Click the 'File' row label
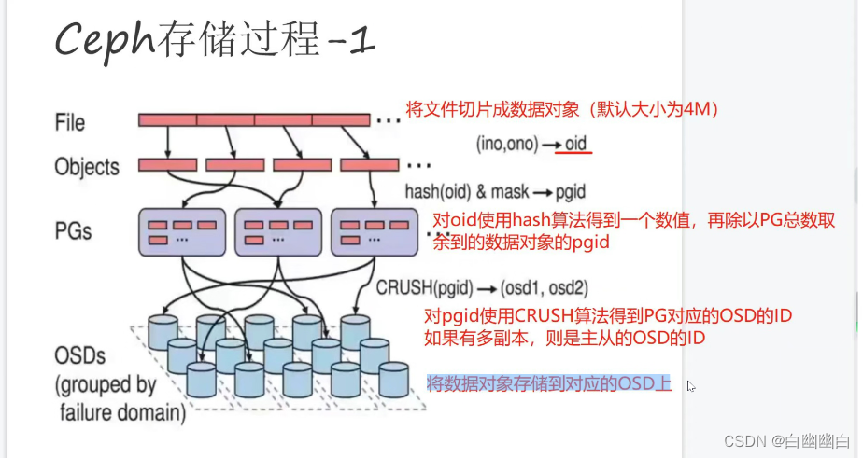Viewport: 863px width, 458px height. (x=69, y=122)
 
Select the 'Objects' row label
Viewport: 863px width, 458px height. (x=87, y=167)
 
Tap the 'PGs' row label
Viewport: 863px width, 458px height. (x=72, y=229)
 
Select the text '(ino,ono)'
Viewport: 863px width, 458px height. (x=505, y=146)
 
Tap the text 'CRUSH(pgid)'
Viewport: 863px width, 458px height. (x=419, y=287)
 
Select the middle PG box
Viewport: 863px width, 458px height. (x=276, y=232)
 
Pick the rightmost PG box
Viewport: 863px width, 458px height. (x=372, y=232)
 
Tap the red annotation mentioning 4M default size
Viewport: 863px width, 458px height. (x=560, y=110)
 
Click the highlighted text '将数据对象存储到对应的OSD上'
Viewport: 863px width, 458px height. (x=548, y=382)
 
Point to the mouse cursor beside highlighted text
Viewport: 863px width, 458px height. (x=691, y=385)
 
